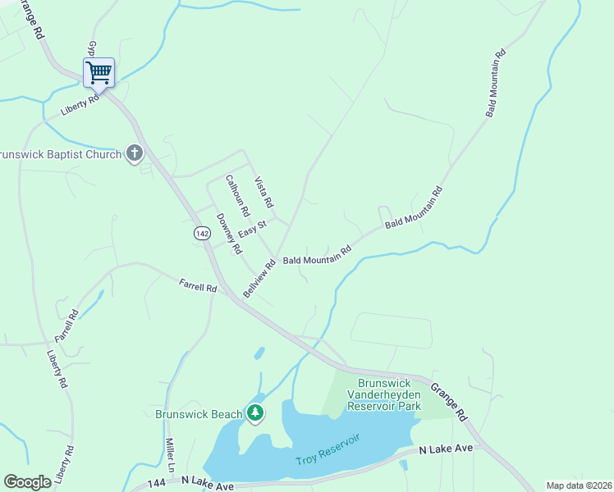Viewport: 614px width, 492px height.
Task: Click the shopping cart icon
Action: coord(99,72)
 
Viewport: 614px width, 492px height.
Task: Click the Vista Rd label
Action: coord(263,192)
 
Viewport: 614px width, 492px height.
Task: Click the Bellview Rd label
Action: coord(259,280)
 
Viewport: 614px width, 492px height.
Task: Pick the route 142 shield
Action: coord(203,234)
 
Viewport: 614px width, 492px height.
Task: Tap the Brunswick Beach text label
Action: coord(199,414)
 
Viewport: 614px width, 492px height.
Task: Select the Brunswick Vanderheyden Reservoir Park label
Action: coord(383,394)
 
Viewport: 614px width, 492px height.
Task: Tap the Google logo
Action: coord(27,482)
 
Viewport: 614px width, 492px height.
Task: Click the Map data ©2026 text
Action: coord(579,485)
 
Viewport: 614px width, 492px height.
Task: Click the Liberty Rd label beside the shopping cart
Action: coord(80,103)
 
